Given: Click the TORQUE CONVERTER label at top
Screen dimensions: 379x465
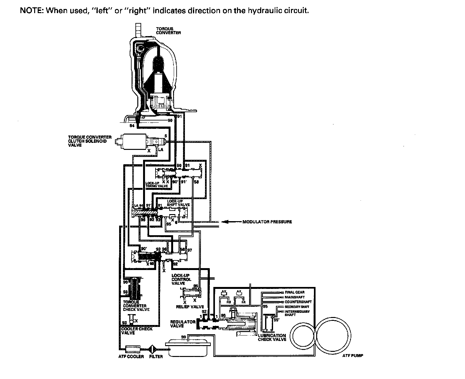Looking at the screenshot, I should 168,31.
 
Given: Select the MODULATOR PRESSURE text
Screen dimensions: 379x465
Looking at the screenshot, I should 267,222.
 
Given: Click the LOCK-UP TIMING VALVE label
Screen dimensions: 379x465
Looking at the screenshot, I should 156,184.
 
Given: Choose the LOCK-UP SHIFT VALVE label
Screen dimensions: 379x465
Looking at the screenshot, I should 178,203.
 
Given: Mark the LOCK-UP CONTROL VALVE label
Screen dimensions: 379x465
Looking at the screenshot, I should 181,279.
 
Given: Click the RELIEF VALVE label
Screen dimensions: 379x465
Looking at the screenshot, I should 190,307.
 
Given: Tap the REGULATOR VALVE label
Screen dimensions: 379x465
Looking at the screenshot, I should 183,324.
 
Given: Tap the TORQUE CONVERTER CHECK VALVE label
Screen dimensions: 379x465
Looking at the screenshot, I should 136,306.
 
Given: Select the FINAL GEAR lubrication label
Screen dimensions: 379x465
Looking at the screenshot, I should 294,292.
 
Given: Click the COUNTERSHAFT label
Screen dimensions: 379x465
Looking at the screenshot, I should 298,302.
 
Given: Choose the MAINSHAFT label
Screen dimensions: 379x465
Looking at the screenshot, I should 294,297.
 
